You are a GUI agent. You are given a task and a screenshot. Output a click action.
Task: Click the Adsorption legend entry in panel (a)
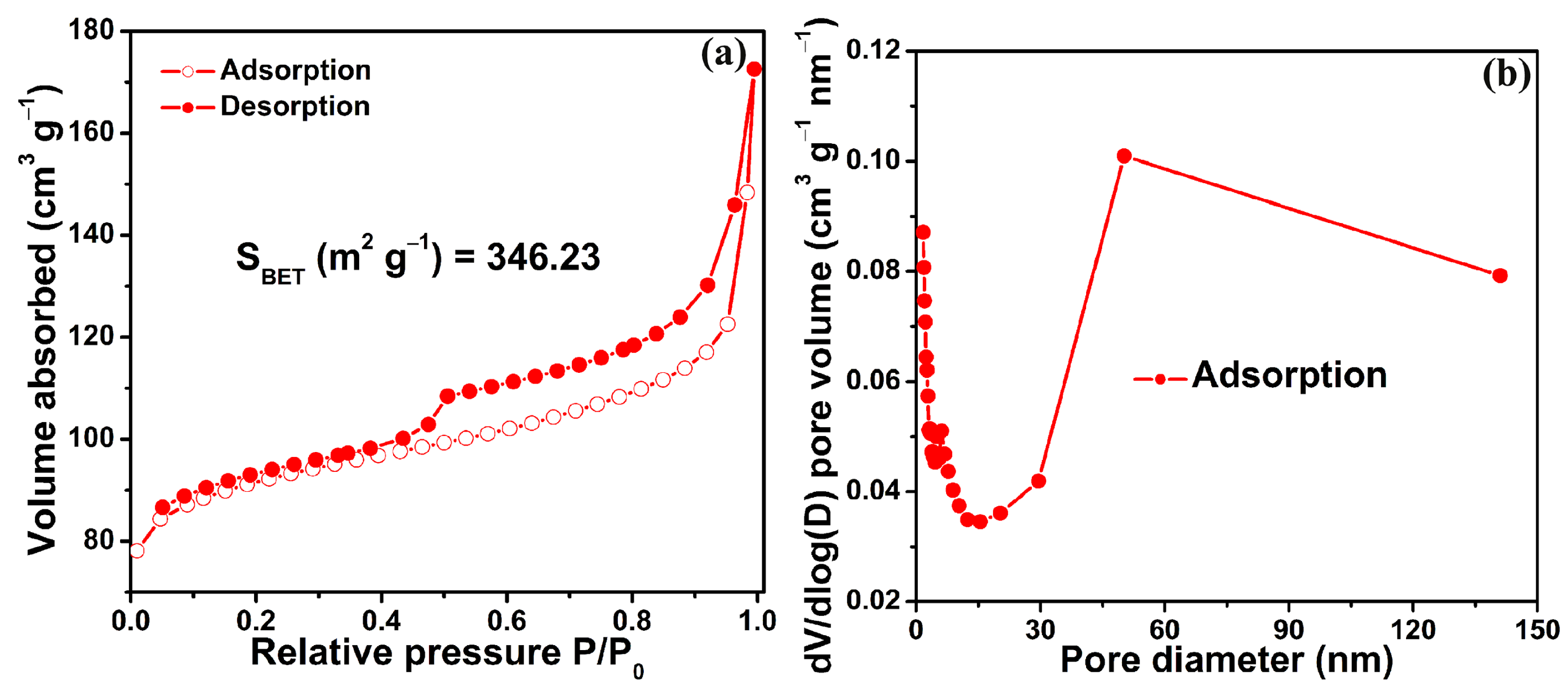295,70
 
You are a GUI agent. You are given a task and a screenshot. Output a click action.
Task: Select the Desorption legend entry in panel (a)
295,106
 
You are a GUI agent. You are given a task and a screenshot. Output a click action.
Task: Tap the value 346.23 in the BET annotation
543,257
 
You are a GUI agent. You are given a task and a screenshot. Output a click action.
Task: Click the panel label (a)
723,55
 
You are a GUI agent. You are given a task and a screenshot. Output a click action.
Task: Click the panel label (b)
1506,75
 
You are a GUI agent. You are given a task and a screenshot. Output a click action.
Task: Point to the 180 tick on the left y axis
91,30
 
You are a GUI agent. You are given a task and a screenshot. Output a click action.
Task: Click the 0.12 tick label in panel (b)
874,50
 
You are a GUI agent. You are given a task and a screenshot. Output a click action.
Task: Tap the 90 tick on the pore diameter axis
1288,630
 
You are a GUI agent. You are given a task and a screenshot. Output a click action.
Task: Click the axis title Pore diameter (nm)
1226,660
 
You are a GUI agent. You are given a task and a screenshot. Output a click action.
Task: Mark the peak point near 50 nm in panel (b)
1124,156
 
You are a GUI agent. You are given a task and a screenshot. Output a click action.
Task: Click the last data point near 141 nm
1500,276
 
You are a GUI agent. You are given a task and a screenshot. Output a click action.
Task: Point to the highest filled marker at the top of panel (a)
754,69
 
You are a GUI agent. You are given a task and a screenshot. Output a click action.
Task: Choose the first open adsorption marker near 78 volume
137,550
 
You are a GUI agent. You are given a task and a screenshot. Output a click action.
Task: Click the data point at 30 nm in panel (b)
1038,481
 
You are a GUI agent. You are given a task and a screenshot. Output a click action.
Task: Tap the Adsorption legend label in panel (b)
1289,376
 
